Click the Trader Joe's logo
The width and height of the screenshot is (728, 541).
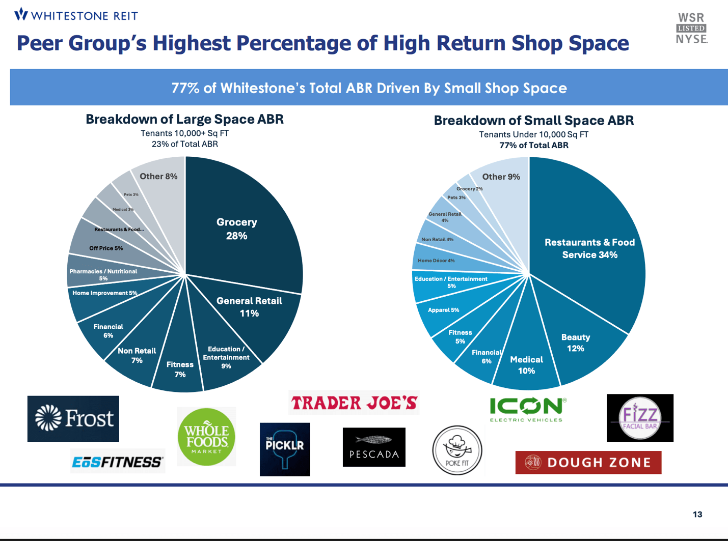click(x=354, y=403)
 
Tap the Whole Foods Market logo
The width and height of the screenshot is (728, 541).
click(x=206, y=437)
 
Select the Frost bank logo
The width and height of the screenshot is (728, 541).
click(x=73, y=418)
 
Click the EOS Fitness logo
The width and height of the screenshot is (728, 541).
click(x=117, y=462)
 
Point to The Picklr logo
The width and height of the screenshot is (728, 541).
click(x=285, y=449)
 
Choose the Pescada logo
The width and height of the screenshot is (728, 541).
click(x=374, y=447)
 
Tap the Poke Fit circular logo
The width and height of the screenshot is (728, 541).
click(x=457, y=450)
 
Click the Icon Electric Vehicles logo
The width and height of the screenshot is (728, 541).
click(x=527, y=409)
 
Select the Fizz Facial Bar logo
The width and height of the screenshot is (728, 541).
click(x=640, y=418)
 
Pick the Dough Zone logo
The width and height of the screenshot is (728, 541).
click(x=588, y=463)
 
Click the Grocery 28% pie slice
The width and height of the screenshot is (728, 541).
click(x=237, y=229)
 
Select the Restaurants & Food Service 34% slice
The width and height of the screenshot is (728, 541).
click(x=589, y=248)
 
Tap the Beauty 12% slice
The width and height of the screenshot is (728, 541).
click(x=576, y=343)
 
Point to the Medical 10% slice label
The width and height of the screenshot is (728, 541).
click(x=526, y=365)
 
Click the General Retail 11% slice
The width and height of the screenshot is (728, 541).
click(x=249, y=307)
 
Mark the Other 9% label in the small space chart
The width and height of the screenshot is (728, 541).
click(x=501, y=177)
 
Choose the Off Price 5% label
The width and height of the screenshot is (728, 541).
click(x=106, y=248)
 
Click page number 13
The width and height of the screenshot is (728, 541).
click(x=697, y=515)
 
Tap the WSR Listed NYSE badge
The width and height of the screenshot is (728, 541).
click(x=691, y=29)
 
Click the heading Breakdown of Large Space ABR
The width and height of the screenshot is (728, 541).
click(x=184, y=119)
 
